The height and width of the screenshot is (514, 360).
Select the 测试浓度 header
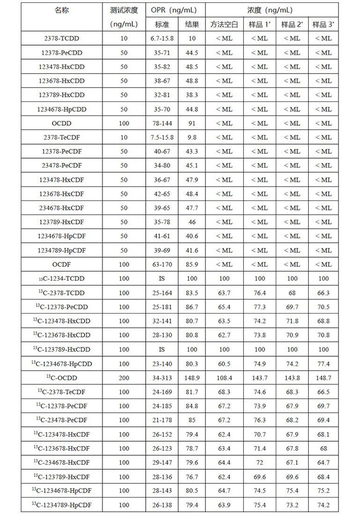pos(124,10)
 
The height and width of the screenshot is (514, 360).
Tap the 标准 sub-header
pos(162,24)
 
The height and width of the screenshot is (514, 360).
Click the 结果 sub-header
pos(192,24)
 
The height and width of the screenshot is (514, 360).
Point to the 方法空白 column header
pos(224,24)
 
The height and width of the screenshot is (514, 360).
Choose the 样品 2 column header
pos(292,24)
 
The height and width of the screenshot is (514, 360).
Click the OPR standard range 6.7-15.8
pos(162,39)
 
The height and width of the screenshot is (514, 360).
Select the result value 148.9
pos(192,378)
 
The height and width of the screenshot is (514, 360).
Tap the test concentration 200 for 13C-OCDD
pos(124,378)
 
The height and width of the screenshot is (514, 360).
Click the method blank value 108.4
pos(224,378)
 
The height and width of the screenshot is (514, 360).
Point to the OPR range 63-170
pos(162,264)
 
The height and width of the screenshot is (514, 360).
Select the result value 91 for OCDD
pos(192,123)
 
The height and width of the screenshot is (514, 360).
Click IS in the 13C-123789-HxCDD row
pos(162,349)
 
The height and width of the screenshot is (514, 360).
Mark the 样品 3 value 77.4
pos(323,364)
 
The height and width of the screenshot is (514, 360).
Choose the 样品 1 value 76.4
pos(259,293)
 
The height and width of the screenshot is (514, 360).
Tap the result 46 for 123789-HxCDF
pos(192,222)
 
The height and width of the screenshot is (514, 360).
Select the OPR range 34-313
pos(162,378)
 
